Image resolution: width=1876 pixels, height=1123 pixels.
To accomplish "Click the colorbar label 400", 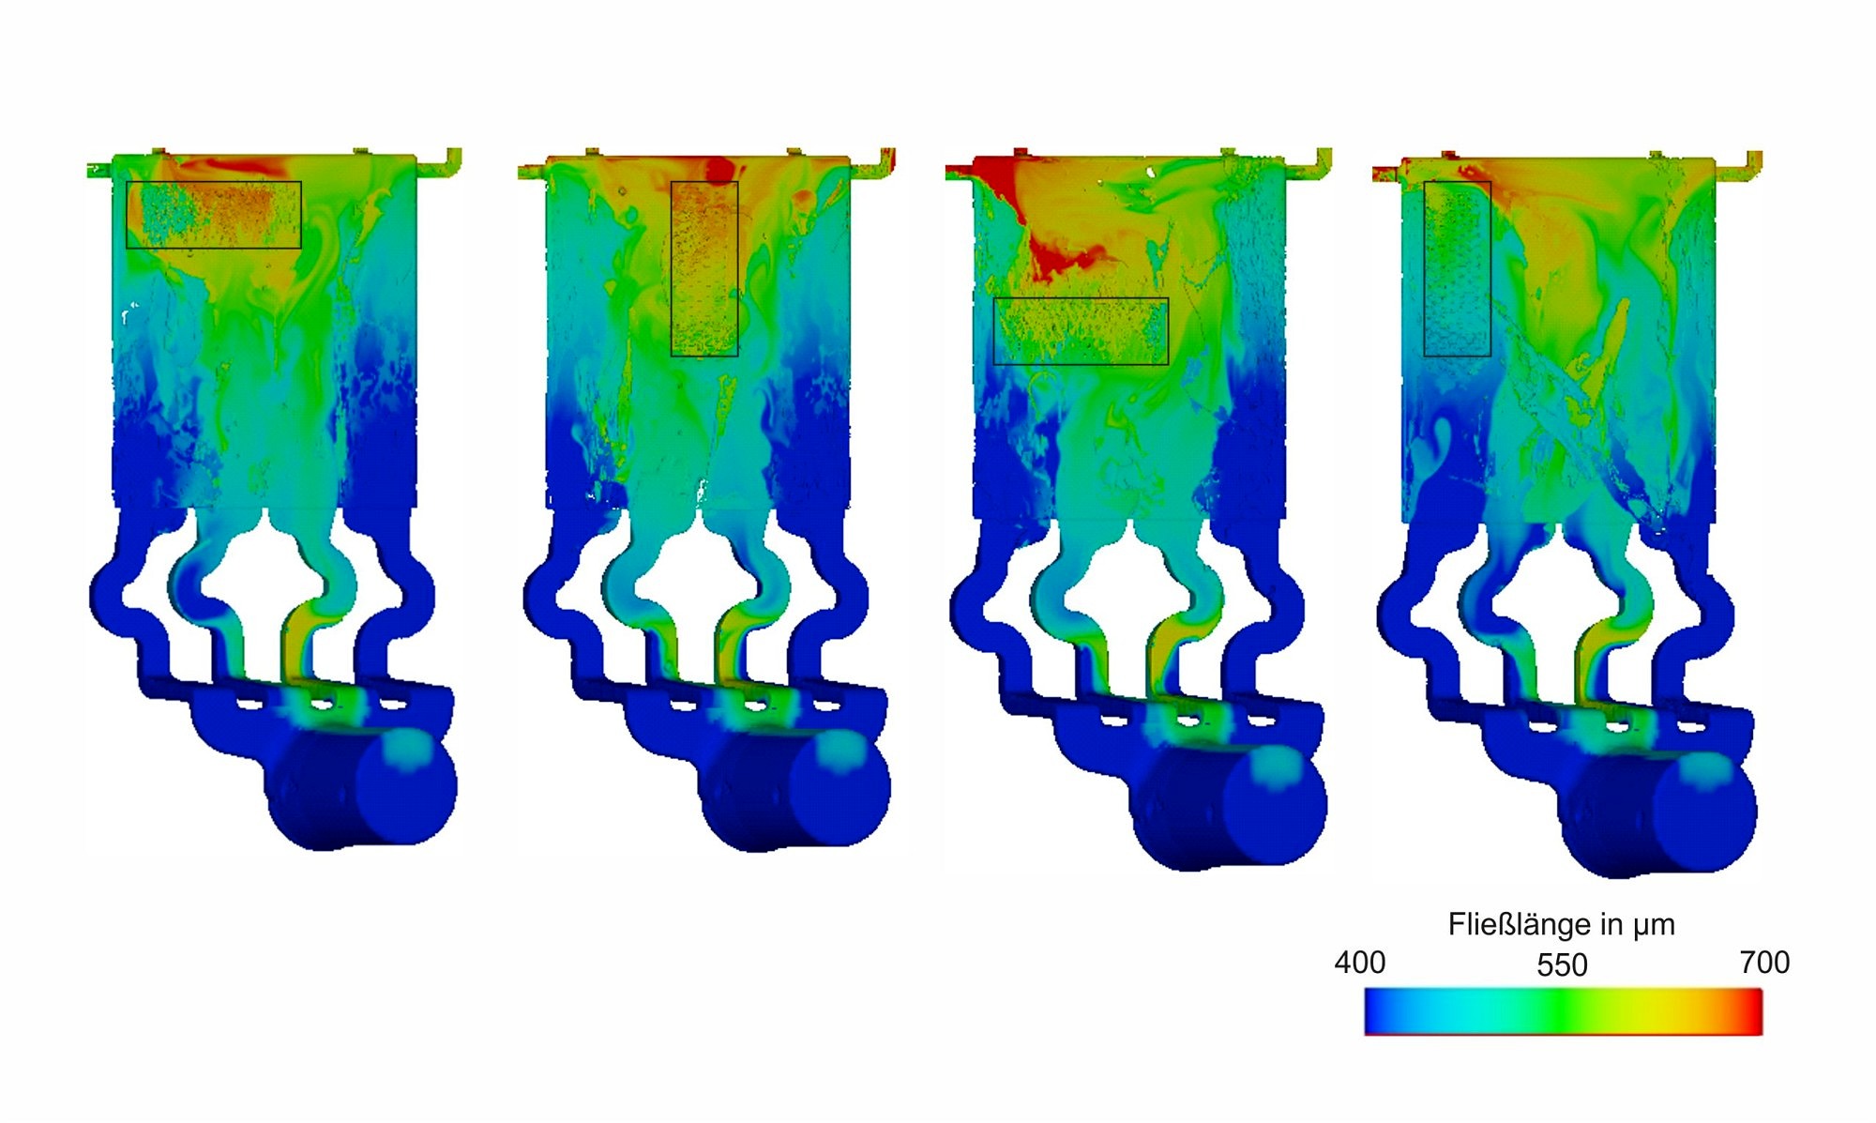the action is (1359, 963).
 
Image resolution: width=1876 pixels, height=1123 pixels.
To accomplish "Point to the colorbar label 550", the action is (1562, 965).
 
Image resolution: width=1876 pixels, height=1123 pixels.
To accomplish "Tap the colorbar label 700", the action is (1764, 963).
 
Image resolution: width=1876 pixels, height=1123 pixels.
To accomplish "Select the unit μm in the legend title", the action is (1653, 927).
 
